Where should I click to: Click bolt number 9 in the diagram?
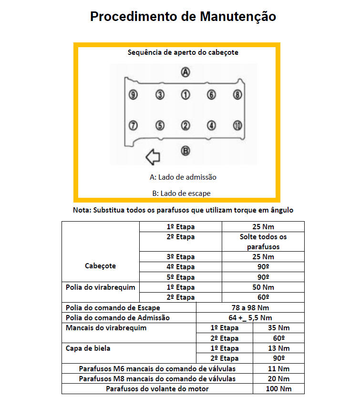pyautogui.click(x=134, y=95)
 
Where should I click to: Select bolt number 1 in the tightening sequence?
pyautogui.click(x=185, y=95)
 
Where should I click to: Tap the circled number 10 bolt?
pyautogui.click(x=237, y=125)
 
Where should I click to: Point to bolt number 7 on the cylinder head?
pyautogui.click(x=134, y=125)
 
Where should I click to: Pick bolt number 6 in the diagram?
pyautogui.click(x=211, y=95)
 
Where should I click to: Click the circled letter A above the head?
pyautogui.click(x=185, y=72)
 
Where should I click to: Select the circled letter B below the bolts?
pyautogui.click(x=185, y=151)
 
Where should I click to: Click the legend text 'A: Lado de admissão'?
pyautogui.click(x=183, y=177)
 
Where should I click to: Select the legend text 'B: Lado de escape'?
pyautogui.click(x=181, y=193)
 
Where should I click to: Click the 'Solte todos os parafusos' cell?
pyautogui.click(x=263, y=242)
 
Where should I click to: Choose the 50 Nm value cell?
pyautogui.click(x=263, y=287)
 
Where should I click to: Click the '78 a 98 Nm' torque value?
pyautogui.click(x=250, y=307)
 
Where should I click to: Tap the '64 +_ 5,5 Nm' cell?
pyautogui.click(x=250, y=317)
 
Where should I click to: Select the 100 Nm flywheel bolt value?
pyautogui.click(x=278, y=389)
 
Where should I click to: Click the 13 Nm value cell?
pyautogui.click(x=278, y=348)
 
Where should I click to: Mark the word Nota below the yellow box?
pyautogui.click(x=81, y=210)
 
